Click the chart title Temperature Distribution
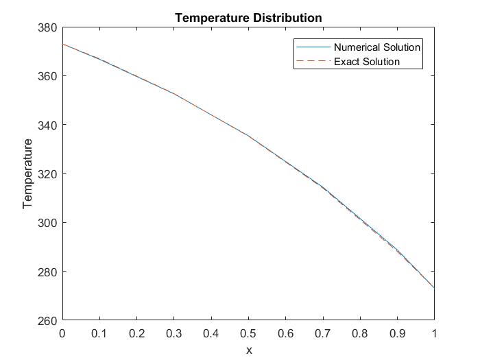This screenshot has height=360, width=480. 248,18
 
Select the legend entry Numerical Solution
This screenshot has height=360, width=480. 377,47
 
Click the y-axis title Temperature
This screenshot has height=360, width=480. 28,173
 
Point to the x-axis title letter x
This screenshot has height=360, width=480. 249,350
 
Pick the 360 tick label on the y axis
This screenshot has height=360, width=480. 48,75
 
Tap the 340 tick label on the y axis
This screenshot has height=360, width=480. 48,125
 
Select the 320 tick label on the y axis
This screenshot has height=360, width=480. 48,173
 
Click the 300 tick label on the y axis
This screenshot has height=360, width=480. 48,222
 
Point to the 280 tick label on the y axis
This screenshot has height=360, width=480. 48,272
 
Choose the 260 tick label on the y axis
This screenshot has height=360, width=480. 48,320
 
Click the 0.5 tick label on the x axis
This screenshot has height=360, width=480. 248,333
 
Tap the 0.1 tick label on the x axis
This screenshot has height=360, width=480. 99,333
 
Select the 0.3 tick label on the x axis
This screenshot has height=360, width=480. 174,333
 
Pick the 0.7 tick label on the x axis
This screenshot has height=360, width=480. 322,333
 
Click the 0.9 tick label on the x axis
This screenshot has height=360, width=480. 397,333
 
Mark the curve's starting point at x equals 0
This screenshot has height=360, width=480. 63,44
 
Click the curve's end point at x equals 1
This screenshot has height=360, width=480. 434,288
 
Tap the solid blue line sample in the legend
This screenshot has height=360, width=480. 313,47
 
